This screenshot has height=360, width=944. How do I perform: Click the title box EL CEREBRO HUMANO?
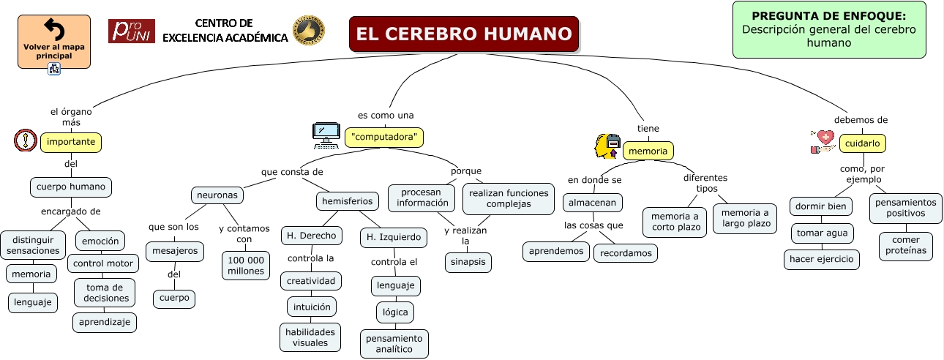[x=464, y=34]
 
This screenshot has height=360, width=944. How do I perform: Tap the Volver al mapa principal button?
[x=54, y=42]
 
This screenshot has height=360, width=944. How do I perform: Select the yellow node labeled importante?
[x=71, y=142]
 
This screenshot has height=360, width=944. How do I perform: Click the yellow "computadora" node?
[x=384, y=137]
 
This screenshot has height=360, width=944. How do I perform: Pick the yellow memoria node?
[x=648, y=151]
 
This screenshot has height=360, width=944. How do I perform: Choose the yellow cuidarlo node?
[x=863, y=143]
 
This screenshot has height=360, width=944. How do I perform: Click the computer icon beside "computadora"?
[x=326, y=135]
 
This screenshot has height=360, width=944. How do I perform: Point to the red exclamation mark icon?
[x=26, y=140]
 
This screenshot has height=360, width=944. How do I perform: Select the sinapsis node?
[x=468, y=262]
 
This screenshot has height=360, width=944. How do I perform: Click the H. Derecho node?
[x=311, y=236]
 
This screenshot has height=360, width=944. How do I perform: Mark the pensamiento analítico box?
[x=394, y=344]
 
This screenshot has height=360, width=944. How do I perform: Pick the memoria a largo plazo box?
[x=745, y=219]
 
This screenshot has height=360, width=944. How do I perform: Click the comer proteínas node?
[x=906, y=246]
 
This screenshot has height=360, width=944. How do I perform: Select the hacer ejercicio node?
[x=822, y=259]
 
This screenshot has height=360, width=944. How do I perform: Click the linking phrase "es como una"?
[x=386, y=115]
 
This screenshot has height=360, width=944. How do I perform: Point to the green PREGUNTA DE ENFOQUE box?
[x=829, y=29]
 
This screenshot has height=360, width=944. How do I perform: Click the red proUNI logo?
[x=132, y=31]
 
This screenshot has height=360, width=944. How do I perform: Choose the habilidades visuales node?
[x=310, y=337]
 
